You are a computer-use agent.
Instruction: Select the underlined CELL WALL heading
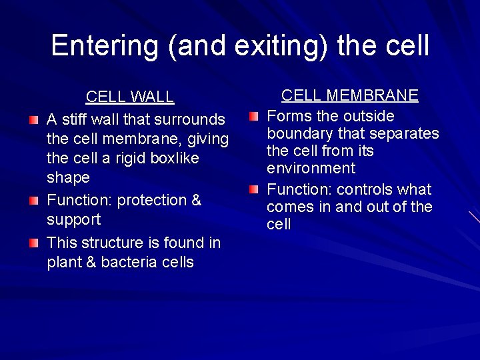[130, 97]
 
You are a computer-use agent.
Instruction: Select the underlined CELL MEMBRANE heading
[350, 95]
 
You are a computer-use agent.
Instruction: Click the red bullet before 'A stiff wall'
[34, 120]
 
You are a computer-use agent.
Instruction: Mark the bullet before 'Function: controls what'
[253, 190]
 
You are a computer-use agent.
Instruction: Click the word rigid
[116, 159]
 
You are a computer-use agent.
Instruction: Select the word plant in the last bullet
[63, 262]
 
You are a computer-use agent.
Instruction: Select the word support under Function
[73, 220]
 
